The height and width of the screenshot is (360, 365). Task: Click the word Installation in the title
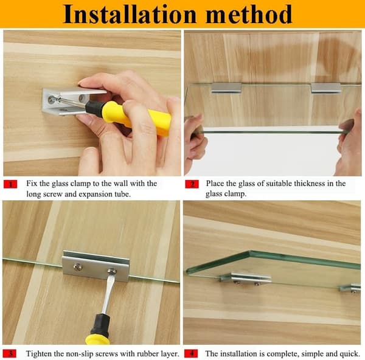tap(130, 15)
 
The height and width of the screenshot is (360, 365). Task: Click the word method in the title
tap(249, 15)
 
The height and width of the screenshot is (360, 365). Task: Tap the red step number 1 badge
tap(10, 184)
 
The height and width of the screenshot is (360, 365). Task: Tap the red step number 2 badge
tap(192, 184)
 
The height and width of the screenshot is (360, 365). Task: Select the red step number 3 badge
tap(10, 354)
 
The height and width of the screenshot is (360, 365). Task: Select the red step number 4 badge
tap(191, 354)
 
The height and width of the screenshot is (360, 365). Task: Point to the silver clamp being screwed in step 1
tap(70, 100)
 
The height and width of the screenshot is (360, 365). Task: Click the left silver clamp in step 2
tap(226, 88)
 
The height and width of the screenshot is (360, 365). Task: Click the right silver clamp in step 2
tap(326, 88)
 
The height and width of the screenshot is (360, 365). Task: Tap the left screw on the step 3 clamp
tap(78, 268)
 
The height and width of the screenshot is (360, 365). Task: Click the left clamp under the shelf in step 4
tap(246, 279)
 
